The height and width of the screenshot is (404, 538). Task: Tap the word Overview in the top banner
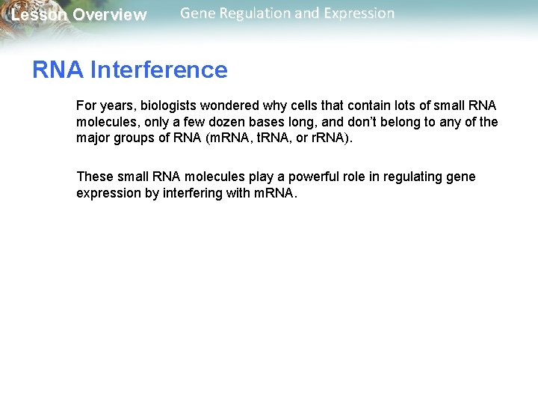click(110, 15)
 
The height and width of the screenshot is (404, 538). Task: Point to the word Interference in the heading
click(158, 70)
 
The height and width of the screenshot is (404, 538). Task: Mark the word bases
click(278, 122)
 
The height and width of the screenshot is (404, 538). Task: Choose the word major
click(93, 138)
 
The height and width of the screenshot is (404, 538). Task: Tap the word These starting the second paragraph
click(95, 177)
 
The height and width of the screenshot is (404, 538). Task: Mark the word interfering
click(196, 193)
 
